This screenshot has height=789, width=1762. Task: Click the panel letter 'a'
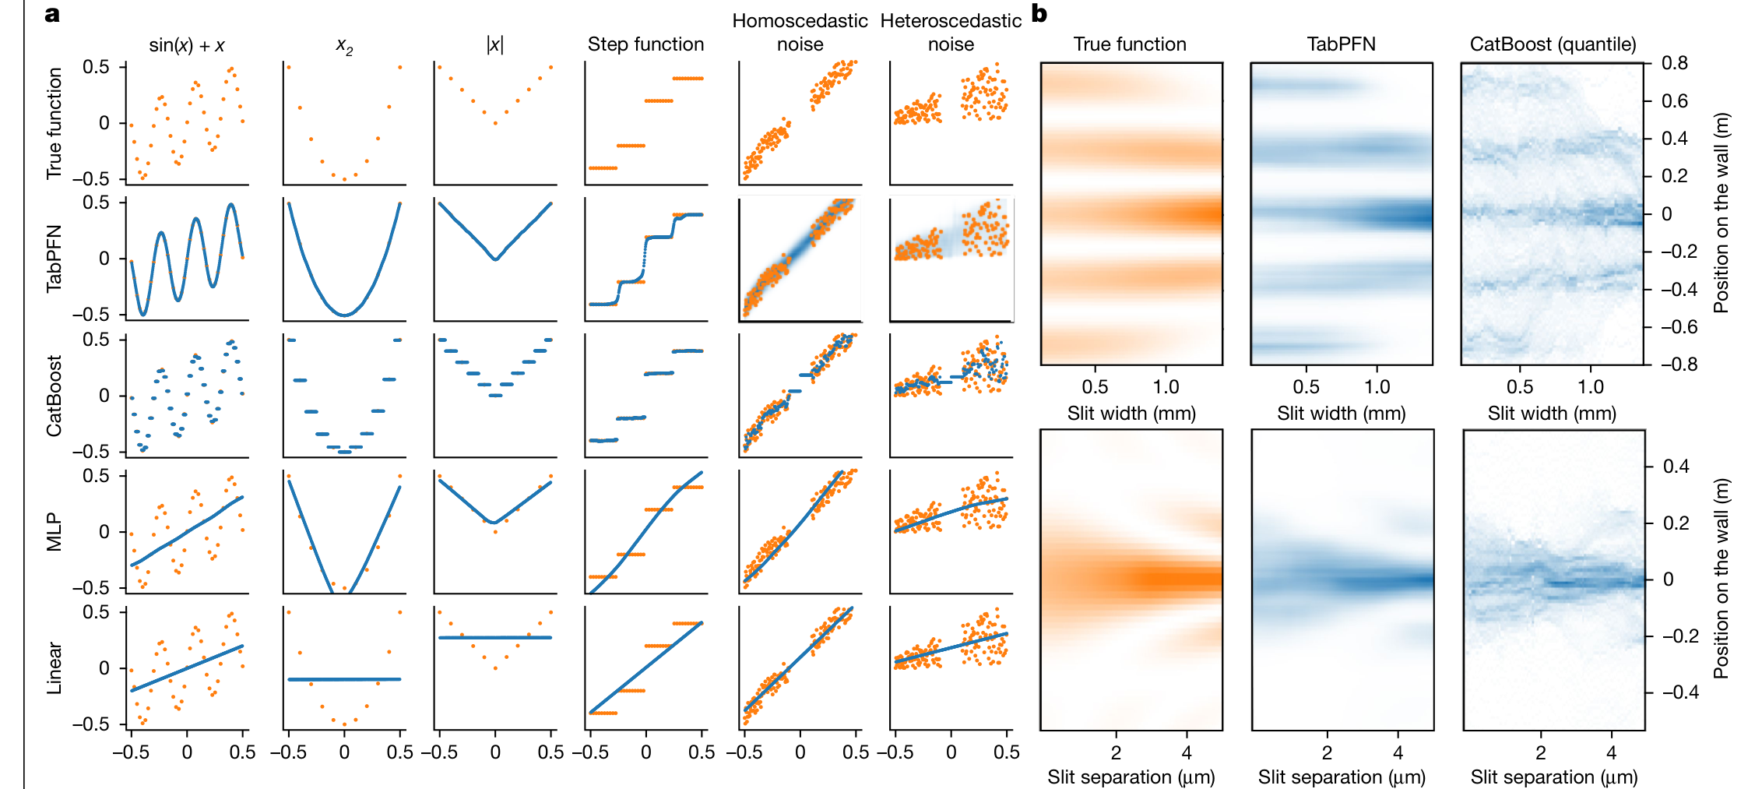(52, 14)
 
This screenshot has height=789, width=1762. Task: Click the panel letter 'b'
(1039, 13)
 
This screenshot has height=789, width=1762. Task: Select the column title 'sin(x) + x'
(187, 45)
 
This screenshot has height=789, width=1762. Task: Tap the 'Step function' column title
(645, 44)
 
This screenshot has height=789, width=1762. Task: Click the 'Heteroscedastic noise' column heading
(951, 32)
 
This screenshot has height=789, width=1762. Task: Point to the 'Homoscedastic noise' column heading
(800, 32)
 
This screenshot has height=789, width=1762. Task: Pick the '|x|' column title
(494, 45)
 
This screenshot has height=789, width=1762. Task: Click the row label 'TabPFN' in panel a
(54, 259)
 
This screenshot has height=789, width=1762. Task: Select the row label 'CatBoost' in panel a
(54, 396)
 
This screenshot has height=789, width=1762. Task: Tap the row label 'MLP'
(54, 532)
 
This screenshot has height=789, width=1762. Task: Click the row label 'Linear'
(54, 667)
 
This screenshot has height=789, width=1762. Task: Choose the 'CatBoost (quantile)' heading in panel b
(1553, 44)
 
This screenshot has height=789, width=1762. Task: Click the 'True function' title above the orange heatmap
(1130, 44)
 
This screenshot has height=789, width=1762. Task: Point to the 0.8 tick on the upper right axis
(1675, 63)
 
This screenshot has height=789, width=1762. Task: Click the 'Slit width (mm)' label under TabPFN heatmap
(1341, 414)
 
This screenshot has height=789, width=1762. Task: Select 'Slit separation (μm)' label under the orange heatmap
(1131, 777)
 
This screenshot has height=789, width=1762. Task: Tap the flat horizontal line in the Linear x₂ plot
(344, 679)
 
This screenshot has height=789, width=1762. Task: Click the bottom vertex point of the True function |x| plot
(495, 123)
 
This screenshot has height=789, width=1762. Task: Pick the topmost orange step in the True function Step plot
(688, 78)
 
